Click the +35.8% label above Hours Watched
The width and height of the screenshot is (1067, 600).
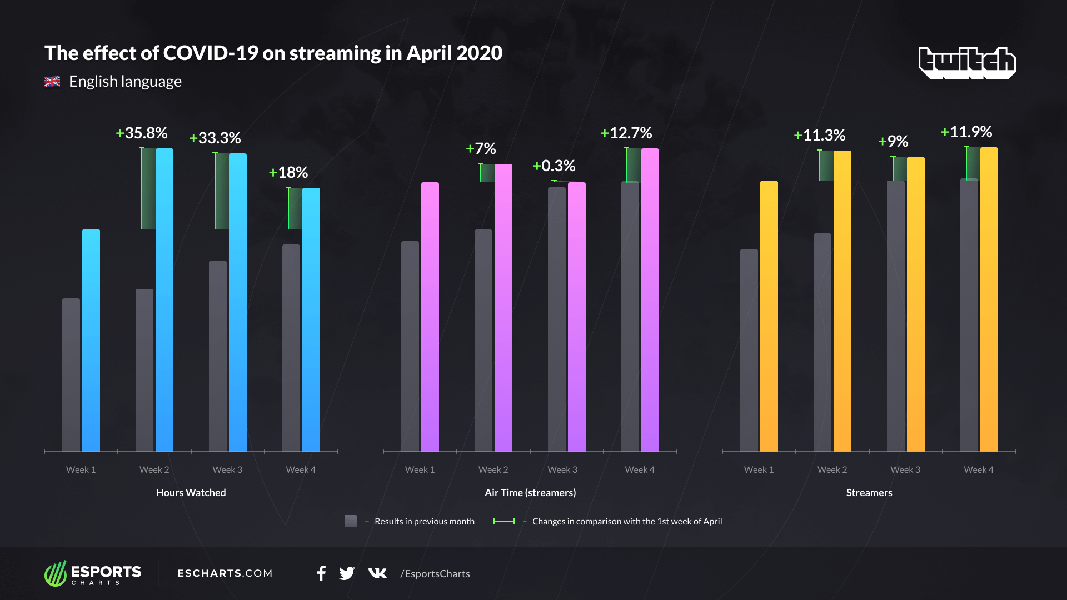pyautogui.click(x=142, y=133)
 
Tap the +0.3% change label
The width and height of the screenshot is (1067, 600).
pyautogui.click(x=554, y=166)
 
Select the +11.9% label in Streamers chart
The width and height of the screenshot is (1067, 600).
pyautogui.click(x=966, y=132)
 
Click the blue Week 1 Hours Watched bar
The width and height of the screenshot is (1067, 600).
pyautogui.click(x=91, y=340)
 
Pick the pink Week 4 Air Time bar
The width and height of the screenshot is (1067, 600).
pyautogui.click(x=650, y=300)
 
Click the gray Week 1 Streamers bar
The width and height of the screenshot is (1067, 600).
pyautogui.click(x=749, y=350)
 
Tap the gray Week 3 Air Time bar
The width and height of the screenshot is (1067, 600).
pyautogui.click(x=557, y=319)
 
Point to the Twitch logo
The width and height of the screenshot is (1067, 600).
pyautogui.click(x=967, y=62)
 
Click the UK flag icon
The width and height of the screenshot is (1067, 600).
pyautogui.click(x=52, y=82)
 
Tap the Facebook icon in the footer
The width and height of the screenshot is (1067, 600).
pyautogui.click(x=321, y=573)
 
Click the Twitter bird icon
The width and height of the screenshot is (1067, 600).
pyautogui.click(x=347, y=573)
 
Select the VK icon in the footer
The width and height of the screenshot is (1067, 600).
pyautogui.click(x=377, y=573)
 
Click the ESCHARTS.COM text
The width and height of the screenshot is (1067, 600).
pyautogui.click(x=225, y=573)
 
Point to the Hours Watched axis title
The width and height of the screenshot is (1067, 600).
pyautogui.click(x=191, y=493)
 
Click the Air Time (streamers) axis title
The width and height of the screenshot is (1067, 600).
pyautogui.click(x=530, y=493)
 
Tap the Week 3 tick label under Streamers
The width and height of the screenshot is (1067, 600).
pyautogui.click(x=905, y=470)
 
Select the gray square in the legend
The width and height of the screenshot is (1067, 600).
pyautogui.click(x=351, y=521)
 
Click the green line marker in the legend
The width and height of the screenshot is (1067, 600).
pyautogui.click(x=504, y=521)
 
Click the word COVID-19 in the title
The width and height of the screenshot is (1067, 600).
pyautogui.click(x=210, y=53)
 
